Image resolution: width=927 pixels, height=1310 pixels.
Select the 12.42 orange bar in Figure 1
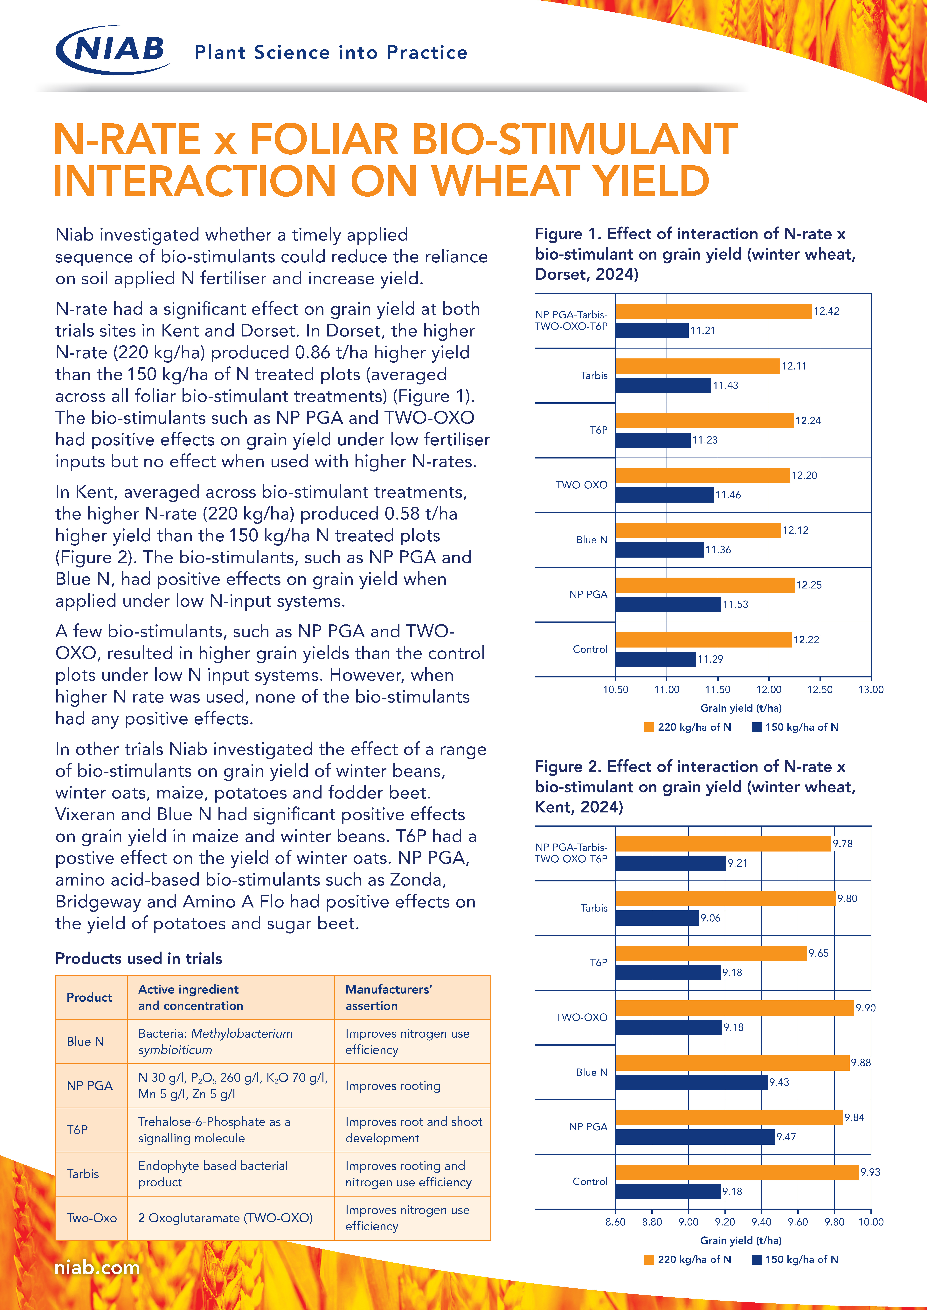pos(714,311)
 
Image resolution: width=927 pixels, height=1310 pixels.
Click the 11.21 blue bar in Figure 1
pos(652,330)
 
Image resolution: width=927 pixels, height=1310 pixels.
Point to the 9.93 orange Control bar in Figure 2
pos(737,1172)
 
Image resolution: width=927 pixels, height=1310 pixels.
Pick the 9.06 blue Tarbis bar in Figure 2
pos(657,917)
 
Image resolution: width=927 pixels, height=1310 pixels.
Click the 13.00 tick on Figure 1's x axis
pos(870,689)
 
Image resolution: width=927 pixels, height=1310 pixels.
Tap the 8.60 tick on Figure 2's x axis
pos(615,1222)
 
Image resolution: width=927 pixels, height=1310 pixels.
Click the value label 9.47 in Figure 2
pos(786,1137)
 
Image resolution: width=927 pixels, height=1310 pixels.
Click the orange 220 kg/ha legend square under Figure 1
pos(648,727)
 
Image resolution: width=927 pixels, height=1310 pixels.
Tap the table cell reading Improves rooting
pos(393,1086)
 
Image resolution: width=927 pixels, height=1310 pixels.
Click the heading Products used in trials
pos(139,959)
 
